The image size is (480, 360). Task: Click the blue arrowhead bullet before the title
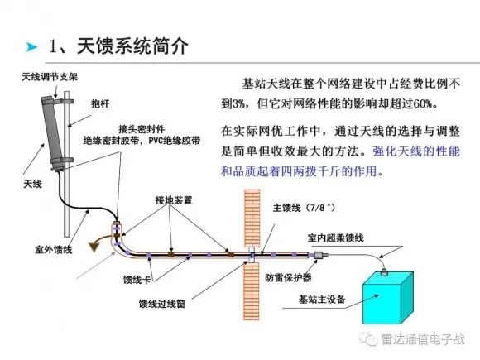click(31, 47)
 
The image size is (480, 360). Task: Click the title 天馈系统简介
click(132, 46)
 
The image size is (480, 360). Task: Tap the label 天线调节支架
click(50, 76)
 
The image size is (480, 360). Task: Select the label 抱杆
click(100, 103)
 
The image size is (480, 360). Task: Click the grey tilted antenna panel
click(55, 133)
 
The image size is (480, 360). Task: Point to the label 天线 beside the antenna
click(32, 184)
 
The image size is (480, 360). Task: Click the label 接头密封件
click(142, 129)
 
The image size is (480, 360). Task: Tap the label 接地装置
click(174, 200)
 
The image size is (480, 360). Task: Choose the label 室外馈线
click(53, 250)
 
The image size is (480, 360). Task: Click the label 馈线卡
click(137, 280)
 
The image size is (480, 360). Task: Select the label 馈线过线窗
click(162, 304)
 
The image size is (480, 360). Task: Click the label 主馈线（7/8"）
click(304, 208)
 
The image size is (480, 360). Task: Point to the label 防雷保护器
click(288, 277)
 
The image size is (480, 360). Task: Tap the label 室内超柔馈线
click(336, 238)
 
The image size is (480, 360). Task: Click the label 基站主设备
click(322, 299)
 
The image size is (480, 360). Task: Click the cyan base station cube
click(388, 298)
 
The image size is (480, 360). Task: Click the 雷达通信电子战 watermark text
click(423, 339)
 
